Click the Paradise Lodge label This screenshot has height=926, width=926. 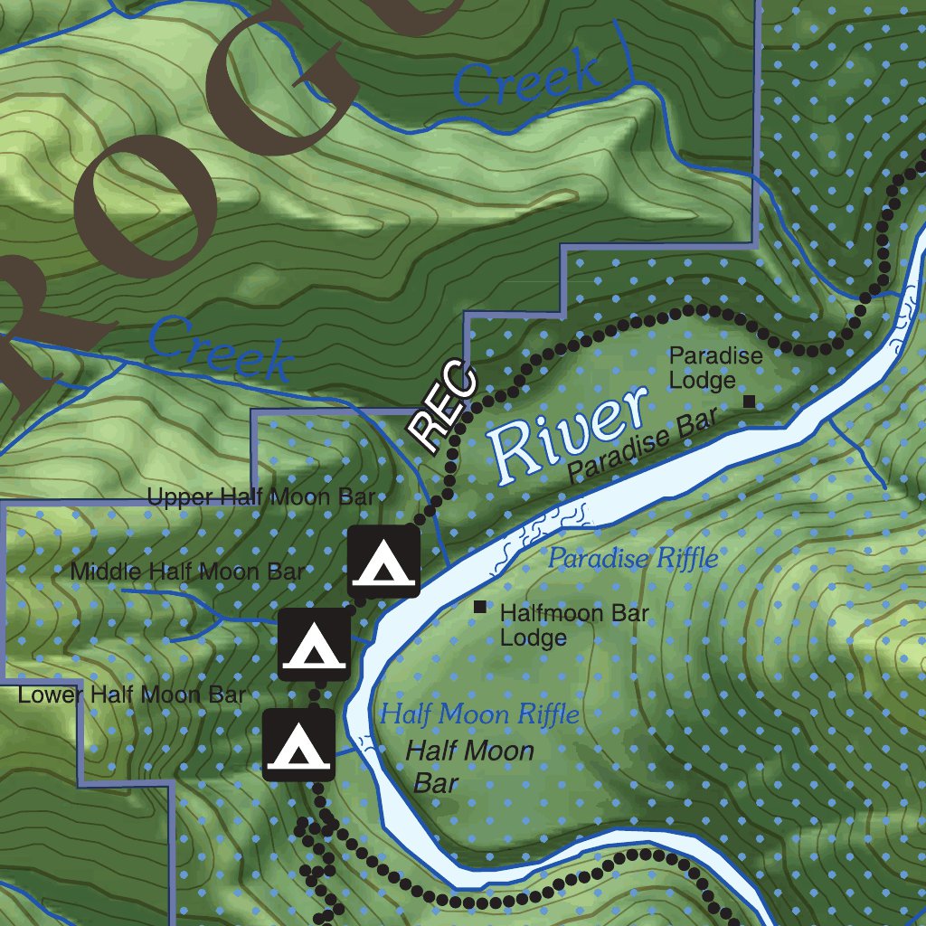click(715, 368)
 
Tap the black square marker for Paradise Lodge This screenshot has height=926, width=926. click(748, 401)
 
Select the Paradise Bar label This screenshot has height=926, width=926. click(643, 445)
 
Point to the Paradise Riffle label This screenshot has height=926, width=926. click(633, 558)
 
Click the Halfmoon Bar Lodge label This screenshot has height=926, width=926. click(574, 625)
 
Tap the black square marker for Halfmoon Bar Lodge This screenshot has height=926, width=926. click(479, 607)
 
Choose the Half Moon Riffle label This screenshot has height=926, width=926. click(479, 715)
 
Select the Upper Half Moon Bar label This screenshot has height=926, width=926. click(260, 496)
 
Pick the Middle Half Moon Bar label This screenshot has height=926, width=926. click(187, 572)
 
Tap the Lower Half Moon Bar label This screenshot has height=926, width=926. click(132, 695)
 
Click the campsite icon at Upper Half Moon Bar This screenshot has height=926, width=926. click(384, 562)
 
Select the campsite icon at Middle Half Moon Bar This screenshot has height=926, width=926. click(313, 644)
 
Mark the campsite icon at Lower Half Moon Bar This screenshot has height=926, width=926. click(298, 744)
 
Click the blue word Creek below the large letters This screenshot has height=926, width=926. click(220, 348)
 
